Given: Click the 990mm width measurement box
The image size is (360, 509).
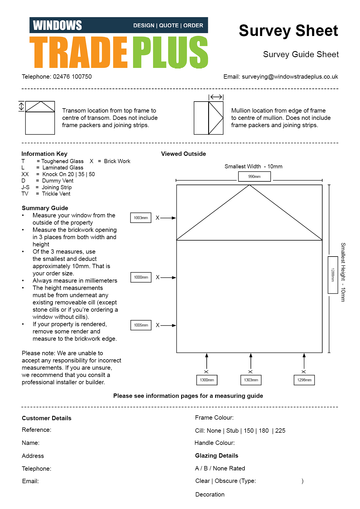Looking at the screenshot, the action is [254, 176].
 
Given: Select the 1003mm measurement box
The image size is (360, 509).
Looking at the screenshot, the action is [141, 218].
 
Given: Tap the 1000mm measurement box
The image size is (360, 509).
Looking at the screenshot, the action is [141, 277].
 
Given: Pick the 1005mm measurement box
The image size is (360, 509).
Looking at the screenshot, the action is [141, 325].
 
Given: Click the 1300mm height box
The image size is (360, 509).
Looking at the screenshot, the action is [207, 380].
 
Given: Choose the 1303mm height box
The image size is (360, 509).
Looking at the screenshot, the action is [251, 380].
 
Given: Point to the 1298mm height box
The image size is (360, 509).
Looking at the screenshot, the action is [304, 380].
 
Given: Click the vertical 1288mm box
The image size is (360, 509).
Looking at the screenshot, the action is [333, 275].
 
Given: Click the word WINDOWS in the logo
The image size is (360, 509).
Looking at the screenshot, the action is [57, 25].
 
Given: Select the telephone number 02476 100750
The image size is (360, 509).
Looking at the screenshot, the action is [72, 77].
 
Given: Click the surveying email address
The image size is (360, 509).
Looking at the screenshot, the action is [290, 77].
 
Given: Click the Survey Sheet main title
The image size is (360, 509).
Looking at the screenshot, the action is [288, 30].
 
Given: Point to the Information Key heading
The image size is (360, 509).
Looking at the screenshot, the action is [44, 154].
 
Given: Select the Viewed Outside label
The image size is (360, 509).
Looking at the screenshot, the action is [183, 154].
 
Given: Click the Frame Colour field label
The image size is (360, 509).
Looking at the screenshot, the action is [214, 418].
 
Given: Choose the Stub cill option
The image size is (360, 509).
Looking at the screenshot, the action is [232, 431].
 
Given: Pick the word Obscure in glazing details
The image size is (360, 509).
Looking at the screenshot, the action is [226, 481].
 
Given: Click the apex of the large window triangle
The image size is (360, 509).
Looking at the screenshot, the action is [249, 185].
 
